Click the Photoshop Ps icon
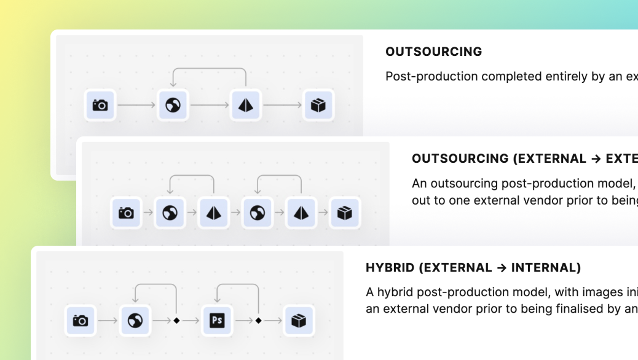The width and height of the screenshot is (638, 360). [x=217, y=321]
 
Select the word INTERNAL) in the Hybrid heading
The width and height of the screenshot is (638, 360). [x=546, y=268]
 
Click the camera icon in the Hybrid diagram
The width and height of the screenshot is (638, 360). [x=81, y=321]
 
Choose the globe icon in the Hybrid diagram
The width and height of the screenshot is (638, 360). [x=135, y=321]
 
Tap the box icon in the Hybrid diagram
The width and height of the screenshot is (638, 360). [x=299, y=321]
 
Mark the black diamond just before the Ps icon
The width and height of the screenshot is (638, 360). [x=176, y=321]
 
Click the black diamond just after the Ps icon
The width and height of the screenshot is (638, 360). [x=258, y=321]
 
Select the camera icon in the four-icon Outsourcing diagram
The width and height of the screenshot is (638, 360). [x=100, y=105]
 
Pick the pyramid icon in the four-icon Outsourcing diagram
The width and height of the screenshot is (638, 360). [x=246, y=105]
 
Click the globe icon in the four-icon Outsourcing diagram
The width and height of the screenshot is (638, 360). [x=173, y=105]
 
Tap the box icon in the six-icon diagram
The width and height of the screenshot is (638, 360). [x=345, y=213]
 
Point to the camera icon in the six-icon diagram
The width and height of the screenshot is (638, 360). [x=126, y=213]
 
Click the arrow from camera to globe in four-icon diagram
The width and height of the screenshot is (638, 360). [x=136, y=105]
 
